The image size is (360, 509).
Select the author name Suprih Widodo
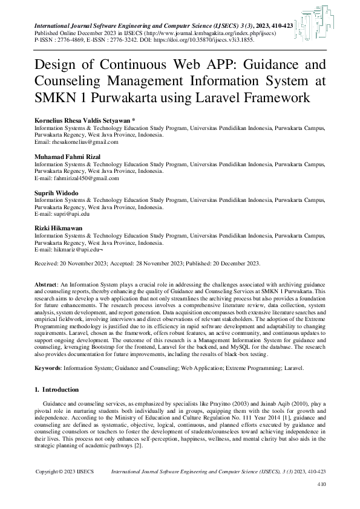pyautogui.click(x=56, y=193)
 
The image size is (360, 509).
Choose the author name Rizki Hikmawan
pyautogui.click(x=58, y=229)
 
